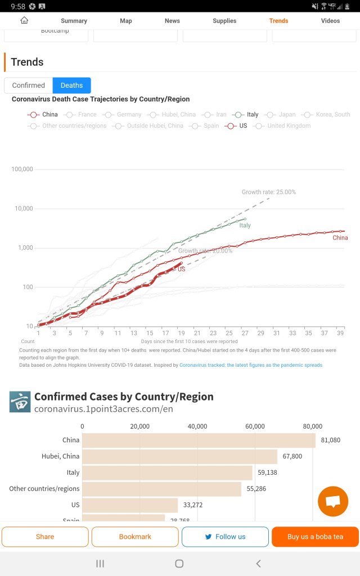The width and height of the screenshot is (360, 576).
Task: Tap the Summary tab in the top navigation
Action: [74, 21]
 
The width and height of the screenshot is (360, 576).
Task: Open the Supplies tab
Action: [224, 21]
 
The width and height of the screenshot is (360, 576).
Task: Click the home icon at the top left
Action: [24, 20]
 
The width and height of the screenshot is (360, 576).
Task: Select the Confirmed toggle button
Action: [28, 85]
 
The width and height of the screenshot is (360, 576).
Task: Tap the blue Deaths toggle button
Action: [71, 85]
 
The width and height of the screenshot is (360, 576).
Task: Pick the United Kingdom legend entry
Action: [283, 126]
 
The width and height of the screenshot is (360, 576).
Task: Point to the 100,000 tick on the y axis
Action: [22, 169]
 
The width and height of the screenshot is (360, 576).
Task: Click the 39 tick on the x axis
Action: [340, 333]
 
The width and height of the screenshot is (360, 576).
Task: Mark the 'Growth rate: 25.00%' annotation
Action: [269, 192]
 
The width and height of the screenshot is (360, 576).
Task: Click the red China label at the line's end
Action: [340, 238]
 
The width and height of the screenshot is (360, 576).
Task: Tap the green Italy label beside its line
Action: [245, 226]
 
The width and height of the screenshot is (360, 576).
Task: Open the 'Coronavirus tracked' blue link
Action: [251, 365]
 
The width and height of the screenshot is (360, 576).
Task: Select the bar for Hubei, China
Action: [179, 456]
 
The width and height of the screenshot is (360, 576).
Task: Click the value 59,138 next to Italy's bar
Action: [267, 472]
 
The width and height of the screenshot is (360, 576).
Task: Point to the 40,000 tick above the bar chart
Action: [197, 426]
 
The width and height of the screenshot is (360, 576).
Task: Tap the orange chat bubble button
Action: [333, 501]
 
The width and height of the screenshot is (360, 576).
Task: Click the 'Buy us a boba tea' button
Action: [315, 537]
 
